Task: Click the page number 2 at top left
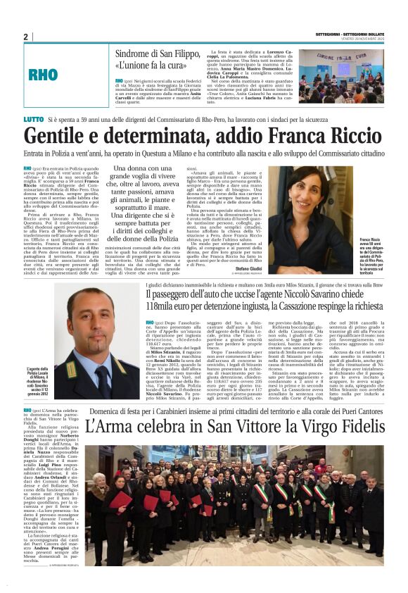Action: (x=26, y=37)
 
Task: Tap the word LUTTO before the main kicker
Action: (x=32, y=122)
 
